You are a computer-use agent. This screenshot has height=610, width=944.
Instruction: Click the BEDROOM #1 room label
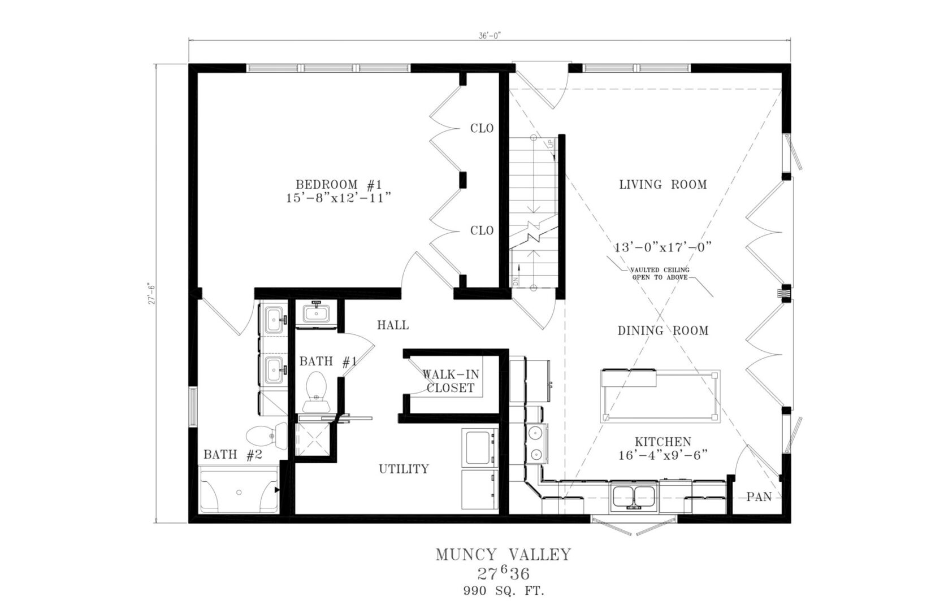(339, 184)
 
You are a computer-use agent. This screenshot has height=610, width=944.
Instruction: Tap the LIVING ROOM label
(663, 184)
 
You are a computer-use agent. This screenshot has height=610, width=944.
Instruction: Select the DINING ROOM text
(663, 330)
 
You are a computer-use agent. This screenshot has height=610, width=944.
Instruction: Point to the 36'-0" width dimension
(490, 36)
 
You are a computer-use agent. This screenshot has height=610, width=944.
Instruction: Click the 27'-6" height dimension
(151, 294)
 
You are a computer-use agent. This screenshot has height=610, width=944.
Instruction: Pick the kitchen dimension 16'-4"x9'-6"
(662, 455)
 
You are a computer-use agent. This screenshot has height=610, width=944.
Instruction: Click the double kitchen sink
(634, 497)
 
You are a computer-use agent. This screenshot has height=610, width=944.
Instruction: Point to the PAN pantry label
(759, 497)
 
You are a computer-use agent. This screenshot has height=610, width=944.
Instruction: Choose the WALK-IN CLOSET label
(451, 381)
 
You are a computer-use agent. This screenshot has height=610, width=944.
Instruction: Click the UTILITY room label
(404, 469)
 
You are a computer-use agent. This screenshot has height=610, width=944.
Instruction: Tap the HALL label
(393, 325)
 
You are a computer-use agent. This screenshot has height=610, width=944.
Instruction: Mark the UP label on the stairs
(551, 144)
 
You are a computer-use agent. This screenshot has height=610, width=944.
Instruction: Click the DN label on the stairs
(516, 280)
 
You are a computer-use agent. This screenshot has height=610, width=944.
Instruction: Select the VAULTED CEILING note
(660, 273)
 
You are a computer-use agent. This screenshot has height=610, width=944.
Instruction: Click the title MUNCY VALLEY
(504, 555)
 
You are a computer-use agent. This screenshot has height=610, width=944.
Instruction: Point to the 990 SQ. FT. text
(504, 591)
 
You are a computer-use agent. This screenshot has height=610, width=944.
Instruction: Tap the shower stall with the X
(312, 439)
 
